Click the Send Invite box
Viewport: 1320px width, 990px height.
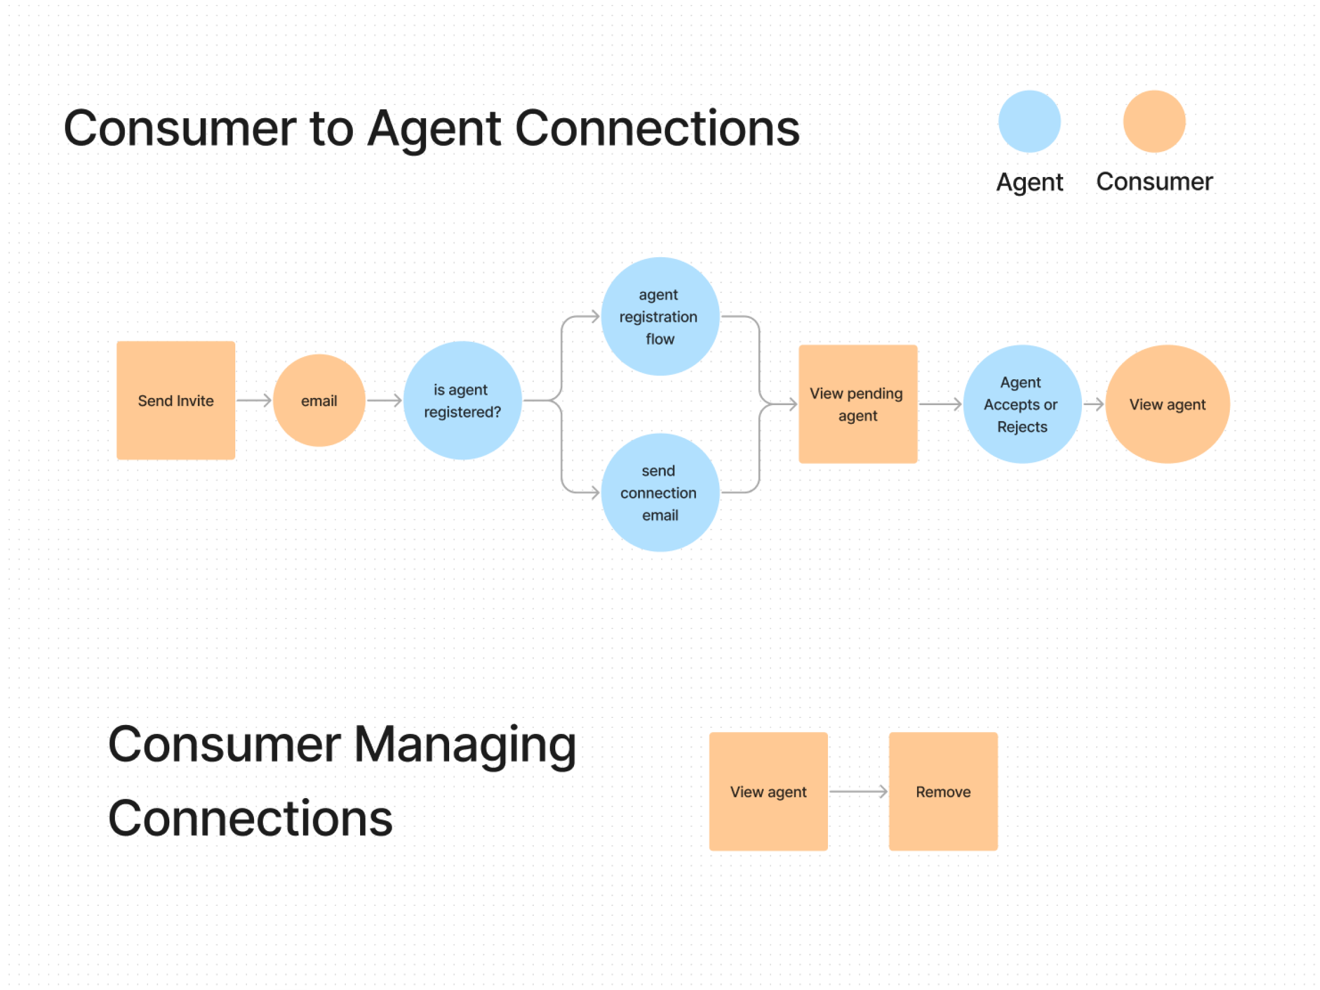coord(175,400)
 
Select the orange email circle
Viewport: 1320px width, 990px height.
coord(319,400)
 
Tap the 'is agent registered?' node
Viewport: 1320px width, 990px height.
coord(462,400)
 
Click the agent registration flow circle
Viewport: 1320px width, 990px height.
coord(659,316)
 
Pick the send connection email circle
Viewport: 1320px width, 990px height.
coord(659,493)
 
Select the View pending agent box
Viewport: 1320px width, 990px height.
coord(858,404)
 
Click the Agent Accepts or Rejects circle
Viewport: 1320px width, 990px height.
coord(1021,404)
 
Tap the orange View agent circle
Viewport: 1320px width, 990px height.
coord(1167,404)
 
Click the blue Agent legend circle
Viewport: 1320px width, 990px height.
coord(1029,121)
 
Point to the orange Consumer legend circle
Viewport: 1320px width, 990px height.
coord(1154,121)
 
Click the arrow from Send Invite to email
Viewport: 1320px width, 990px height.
coord(253,400)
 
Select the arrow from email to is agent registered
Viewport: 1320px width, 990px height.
coord(384,400)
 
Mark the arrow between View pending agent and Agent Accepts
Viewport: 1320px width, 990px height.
coord(940,404)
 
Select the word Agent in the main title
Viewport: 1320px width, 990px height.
coord(434,129)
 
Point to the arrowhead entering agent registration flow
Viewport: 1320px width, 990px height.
coord(594,316)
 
